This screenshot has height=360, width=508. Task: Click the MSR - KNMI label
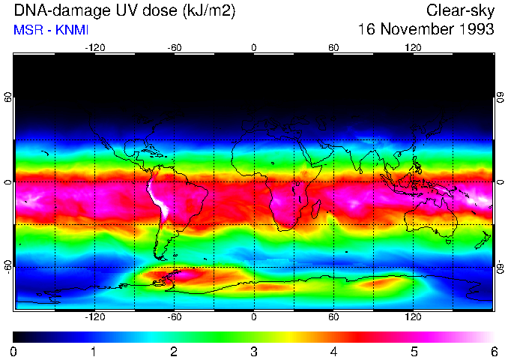pos(45,30)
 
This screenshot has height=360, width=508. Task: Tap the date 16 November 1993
pos(426,30)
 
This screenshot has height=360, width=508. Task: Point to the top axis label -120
pos(94,47)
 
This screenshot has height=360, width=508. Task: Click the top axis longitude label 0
pos(254,47)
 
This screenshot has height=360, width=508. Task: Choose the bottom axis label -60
pos(174,318)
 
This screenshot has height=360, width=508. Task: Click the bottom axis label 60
pos(333,318)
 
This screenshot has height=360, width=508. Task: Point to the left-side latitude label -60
pos(8,267)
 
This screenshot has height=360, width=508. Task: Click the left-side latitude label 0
pos(8,182)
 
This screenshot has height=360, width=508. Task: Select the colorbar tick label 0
pos(14,351)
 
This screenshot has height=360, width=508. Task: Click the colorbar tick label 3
pos(254,351)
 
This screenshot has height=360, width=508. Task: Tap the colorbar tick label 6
pos(493,351)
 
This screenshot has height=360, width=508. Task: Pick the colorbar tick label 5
pos(414,351)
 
